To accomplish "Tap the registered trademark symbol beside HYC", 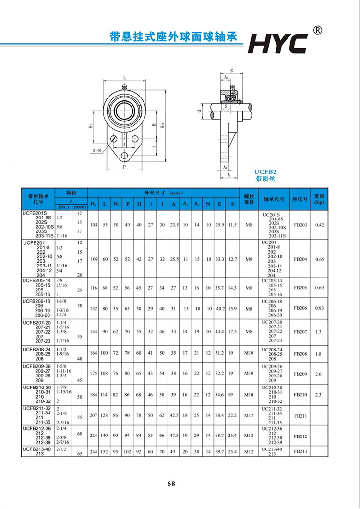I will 317,30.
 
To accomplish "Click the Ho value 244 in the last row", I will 94,451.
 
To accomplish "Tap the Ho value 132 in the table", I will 94,308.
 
